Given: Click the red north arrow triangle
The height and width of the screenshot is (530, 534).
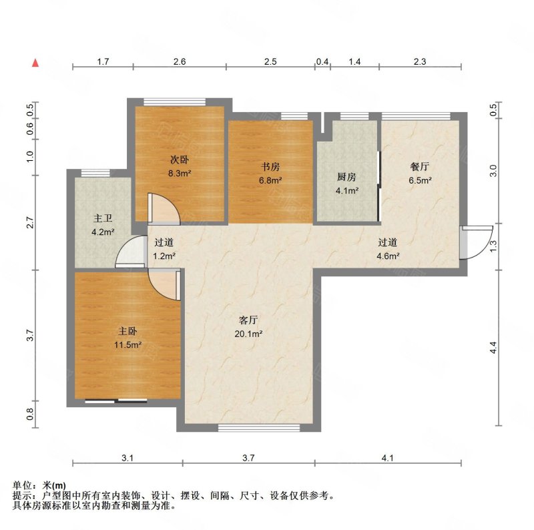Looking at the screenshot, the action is [x=35, y=63].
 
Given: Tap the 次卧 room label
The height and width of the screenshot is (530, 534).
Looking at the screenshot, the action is [x=180, y=160].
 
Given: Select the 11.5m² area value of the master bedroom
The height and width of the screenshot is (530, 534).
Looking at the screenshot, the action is [x=127, y=344].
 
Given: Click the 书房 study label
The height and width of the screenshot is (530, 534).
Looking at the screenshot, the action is [x=270, y=167].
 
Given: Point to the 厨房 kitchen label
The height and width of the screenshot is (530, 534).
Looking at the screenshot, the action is [x=346, y=177].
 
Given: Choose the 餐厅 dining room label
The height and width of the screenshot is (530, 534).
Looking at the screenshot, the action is [x=420, y=167].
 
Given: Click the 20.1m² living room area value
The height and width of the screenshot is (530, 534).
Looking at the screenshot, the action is [x=248, y=334].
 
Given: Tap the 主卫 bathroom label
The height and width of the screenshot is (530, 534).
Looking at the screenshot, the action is [x=103, y=218].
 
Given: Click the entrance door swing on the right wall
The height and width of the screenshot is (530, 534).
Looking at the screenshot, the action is [x=476, y=242].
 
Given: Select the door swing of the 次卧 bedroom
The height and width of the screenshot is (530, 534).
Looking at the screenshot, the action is [x=164, y=208].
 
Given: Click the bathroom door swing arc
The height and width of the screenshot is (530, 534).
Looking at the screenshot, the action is [x=131, y=251].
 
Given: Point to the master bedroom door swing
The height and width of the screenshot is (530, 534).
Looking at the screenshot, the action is [x=164, y=284].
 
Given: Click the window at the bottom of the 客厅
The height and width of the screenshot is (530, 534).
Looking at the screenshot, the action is [x=259, y=427].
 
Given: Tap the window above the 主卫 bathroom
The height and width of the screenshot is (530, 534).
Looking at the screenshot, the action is [x=95, y=173].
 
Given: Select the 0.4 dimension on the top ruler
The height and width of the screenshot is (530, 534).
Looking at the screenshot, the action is [x=322, y=61].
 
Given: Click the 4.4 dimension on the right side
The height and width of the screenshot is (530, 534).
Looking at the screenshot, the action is [x=493, y=347].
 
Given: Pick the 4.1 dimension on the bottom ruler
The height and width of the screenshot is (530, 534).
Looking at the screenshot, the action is [x=388, y=458].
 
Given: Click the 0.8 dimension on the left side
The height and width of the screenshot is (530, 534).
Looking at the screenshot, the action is [x=30, y=414].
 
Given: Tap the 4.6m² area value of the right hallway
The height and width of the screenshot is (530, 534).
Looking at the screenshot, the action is [x=388, y=256].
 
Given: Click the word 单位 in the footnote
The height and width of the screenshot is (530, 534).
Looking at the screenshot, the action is [x=22, y=485].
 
